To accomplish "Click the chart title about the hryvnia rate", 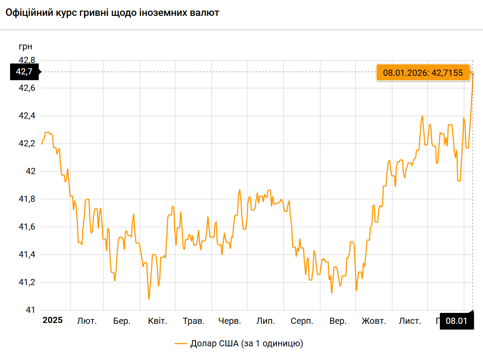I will click(112, 13).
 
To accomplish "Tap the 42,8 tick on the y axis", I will click(26, 60).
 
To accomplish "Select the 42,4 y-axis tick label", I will click(26, 116).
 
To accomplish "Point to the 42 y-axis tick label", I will click(29, 171).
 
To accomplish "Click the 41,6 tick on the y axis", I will click(26, 226).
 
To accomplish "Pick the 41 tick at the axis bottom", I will click(30, 310).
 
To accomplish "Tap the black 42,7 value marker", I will click(24, 71).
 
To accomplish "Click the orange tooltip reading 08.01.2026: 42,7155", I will click(423, 73).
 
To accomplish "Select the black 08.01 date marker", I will click(456, 321).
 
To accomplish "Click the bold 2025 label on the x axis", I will click(52, 320).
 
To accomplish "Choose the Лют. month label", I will click(87, 321).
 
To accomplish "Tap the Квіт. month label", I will click(158, 321).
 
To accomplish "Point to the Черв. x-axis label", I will click(230, 321).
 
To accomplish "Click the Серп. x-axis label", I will click(302, 321).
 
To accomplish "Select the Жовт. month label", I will click(374, 321).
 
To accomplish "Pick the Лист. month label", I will click(410, 321).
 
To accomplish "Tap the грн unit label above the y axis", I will click(26, 47).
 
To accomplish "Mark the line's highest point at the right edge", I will click(473, 72).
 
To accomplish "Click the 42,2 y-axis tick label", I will click(26, 144).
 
